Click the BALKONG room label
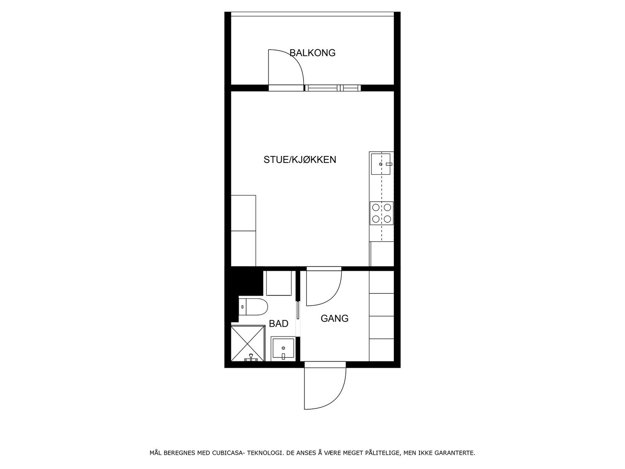point(312,53)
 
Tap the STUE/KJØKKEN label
point(300,159)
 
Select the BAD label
point(279,324)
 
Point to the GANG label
point(334,319)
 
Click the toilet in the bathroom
point(254,306)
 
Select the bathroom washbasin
point(283,348)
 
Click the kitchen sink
point(381,164)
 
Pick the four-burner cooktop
point(382,213)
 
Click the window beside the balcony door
point(332,88)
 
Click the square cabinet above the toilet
point(279,283)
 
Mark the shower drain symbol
point(249,358)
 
